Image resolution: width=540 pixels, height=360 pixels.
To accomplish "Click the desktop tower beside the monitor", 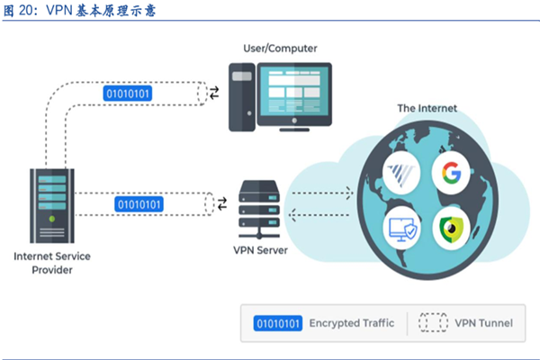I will pos(240,96).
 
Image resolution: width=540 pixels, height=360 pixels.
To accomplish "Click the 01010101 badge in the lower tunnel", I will pos(140,204).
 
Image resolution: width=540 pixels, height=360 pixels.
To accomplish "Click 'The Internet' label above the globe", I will pos(427,108).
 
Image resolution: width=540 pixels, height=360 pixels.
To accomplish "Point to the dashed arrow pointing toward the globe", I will pos(319,192).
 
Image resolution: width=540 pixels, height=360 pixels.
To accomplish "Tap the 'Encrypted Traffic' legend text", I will pos(351,322).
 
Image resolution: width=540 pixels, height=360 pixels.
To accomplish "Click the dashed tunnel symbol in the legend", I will pos(432,322).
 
